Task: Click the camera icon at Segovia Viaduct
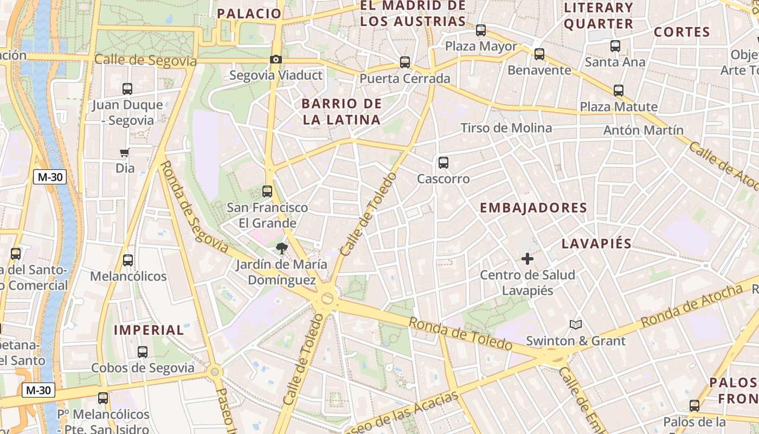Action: [276, 60]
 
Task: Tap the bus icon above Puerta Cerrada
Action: [405, 62]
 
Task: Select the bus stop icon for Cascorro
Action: [443, 162]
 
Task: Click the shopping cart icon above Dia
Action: [125, 153]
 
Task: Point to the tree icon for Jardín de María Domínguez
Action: [281, 249]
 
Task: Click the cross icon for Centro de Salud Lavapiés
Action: [527, 259]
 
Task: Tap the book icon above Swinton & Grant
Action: [576, 325]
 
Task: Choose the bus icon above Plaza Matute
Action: [619, 91]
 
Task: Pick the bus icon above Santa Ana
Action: [615, 46]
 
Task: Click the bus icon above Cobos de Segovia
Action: [143, 352]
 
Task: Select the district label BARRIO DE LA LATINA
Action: [342, 112]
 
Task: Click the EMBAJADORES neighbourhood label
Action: [533, 208]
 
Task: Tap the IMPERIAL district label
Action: [149, 330]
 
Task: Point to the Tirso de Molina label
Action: [506, 128]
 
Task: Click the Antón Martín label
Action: [644, 130]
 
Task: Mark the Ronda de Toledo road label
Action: [460, 334]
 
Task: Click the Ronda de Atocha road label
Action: [691, 305]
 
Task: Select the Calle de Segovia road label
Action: [145, 60]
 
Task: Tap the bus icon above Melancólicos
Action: [128, 260]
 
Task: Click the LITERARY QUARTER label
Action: [599, 16]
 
